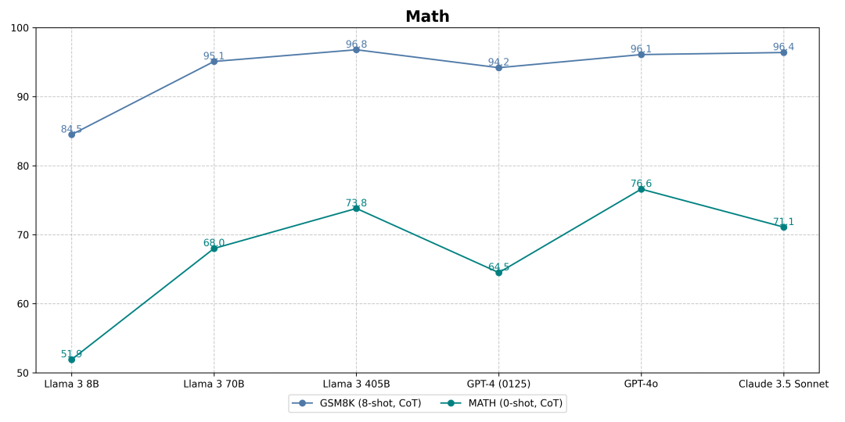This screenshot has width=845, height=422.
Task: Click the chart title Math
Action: [x=427, y=16]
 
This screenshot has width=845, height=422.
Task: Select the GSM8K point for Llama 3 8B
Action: [x=71, y=134]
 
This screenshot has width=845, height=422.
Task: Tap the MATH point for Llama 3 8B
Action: [x=71, y=359]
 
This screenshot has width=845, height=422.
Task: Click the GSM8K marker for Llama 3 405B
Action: [x=356, y=49]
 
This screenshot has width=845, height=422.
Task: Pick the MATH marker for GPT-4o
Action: [x=641, y=189]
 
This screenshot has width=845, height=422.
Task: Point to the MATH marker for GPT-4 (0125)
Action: [x=498, y=272]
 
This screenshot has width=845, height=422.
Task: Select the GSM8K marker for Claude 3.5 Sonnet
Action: [x=783, y=52]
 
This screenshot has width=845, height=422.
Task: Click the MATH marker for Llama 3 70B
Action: [x=214, y=249]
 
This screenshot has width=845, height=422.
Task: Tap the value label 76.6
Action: [x=641, y=184]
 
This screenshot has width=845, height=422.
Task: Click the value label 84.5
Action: [x=71, y=130]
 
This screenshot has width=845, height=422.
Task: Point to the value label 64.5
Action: [x=498, y=267]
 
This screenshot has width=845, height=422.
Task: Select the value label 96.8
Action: [x=356, y=45]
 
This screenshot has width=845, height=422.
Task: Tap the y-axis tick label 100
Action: [x=20, y=28]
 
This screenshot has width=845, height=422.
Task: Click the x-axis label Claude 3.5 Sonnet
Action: [x=783, y=384]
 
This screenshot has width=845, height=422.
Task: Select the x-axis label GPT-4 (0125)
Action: [x=498, y=384]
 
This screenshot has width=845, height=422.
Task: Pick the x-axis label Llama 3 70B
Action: [x=214, y=384]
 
